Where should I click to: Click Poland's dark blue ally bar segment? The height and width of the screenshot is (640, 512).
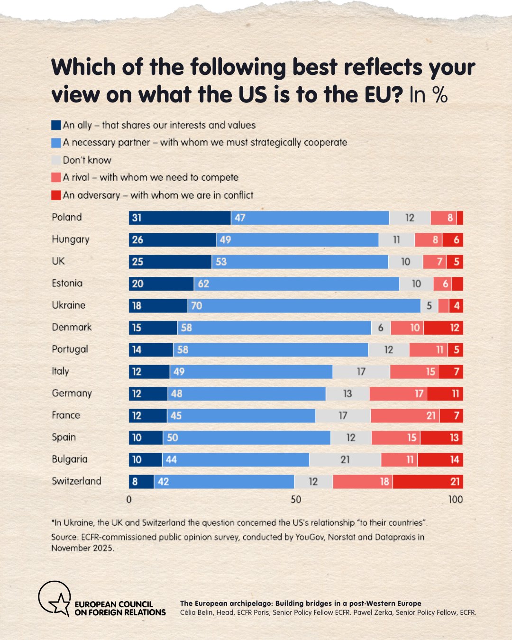(x=180, y=218)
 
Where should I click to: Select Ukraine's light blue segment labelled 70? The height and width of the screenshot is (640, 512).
(x=304, y=306)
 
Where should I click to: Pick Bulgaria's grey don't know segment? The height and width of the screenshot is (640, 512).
(x=345, y=459)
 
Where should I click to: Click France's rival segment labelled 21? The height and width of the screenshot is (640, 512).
(x=405, y=416)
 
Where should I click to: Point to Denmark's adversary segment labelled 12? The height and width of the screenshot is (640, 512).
(x=443, y=328)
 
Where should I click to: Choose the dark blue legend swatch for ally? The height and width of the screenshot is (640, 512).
(x=56, y=125)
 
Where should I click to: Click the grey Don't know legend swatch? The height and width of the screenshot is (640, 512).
(x=56, y=160)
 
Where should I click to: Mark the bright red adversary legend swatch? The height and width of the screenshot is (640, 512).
(x=56, y=195)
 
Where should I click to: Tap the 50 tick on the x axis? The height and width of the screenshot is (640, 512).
(x=296, y=500)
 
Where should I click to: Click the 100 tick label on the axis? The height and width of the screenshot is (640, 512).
(x=456, y=500)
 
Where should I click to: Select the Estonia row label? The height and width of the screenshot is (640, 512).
(x=67, y=283)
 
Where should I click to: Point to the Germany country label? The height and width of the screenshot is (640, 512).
(x=72, y=393)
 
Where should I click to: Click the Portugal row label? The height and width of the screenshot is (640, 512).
(x=70, y=349)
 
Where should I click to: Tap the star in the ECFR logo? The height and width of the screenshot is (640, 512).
(x=60, y=603)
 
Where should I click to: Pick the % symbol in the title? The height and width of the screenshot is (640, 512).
(x=440, y=94)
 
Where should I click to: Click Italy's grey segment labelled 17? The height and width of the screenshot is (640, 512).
(x=361, y=372)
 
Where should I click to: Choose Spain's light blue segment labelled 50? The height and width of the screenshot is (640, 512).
(x=247, y=438)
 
